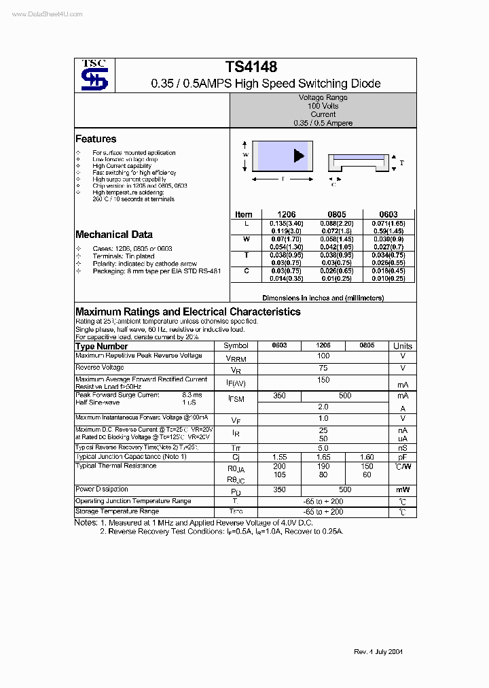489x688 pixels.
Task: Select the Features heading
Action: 96,139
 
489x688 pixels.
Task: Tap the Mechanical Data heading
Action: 113,235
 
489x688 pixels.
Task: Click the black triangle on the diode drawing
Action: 298,156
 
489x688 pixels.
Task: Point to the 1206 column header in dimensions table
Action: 286,214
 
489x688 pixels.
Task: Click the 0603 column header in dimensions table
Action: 388,214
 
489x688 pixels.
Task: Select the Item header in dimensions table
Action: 243,214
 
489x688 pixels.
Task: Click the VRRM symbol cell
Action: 236,358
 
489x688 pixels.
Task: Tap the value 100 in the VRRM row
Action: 323,356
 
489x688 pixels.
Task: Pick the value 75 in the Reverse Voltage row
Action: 323,368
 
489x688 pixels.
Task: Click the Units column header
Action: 402,346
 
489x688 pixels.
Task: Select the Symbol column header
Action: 236,346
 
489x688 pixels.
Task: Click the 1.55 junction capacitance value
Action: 279,458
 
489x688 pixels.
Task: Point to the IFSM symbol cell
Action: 236,399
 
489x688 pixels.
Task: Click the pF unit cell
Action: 402,458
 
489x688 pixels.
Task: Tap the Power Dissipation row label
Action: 102,489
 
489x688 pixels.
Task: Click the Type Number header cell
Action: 102,346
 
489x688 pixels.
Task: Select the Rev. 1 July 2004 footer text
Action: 378,651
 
